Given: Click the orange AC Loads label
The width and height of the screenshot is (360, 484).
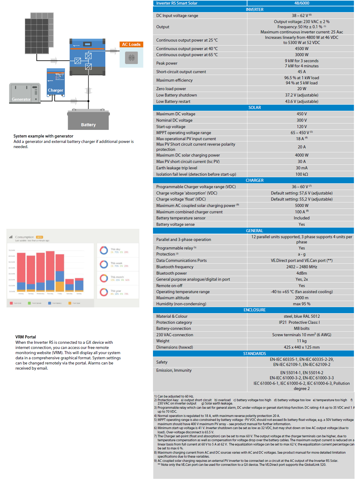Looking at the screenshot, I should click(131, 45).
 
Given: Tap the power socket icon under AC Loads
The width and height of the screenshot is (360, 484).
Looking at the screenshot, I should click(131, 57).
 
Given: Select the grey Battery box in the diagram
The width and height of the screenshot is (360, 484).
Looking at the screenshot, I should click(88, 120).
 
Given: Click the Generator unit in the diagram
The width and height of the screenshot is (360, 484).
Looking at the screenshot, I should click(25, 93).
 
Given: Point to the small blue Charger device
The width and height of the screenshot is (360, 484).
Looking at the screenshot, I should click(56, 82).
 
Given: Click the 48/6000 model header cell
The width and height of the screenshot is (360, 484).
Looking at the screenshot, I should click(301, 3).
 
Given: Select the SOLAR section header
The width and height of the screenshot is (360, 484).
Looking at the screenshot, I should click(254, 108).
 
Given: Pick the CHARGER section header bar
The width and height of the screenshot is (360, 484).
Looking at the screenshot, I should click(254, 181).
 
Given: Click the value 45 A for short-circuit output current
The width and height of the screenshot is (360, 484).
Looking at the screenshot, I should click(301, 72).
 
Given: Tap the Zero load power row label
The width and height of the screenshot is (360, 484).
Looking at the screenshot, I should click(171, 89).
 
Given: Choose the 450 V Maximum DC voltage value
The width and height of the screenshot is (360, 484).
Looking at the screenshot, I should click(301, 114).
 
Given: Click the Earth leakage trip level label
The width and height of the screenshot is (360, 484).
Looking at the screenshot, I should click(177, 168).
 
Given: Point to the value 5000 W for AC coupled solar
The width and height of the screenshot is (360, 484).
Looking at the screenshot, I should click(301, 206).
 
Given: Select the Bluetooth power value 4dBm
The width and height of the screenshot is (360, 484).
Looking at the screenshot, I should click(301, 273).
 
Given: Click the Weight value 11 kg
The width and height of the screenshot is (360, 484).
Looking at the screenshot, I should click(301, 341).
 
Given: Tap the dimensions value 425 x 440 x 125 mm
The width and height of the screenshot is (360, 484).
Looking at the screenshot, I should click(301, 347).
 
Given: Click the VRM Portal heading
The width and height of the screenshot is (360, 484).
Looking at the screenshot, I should click(26, 337).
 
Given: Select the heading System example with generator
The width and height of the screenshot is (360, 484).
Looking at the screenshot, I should click(43, 136).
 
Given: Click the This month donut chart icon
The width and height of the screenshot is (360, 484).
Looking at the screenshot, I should click(104, 278).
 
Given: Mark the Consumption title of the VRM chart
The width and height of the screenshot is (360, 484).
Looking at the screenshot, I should click(25, 237).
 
